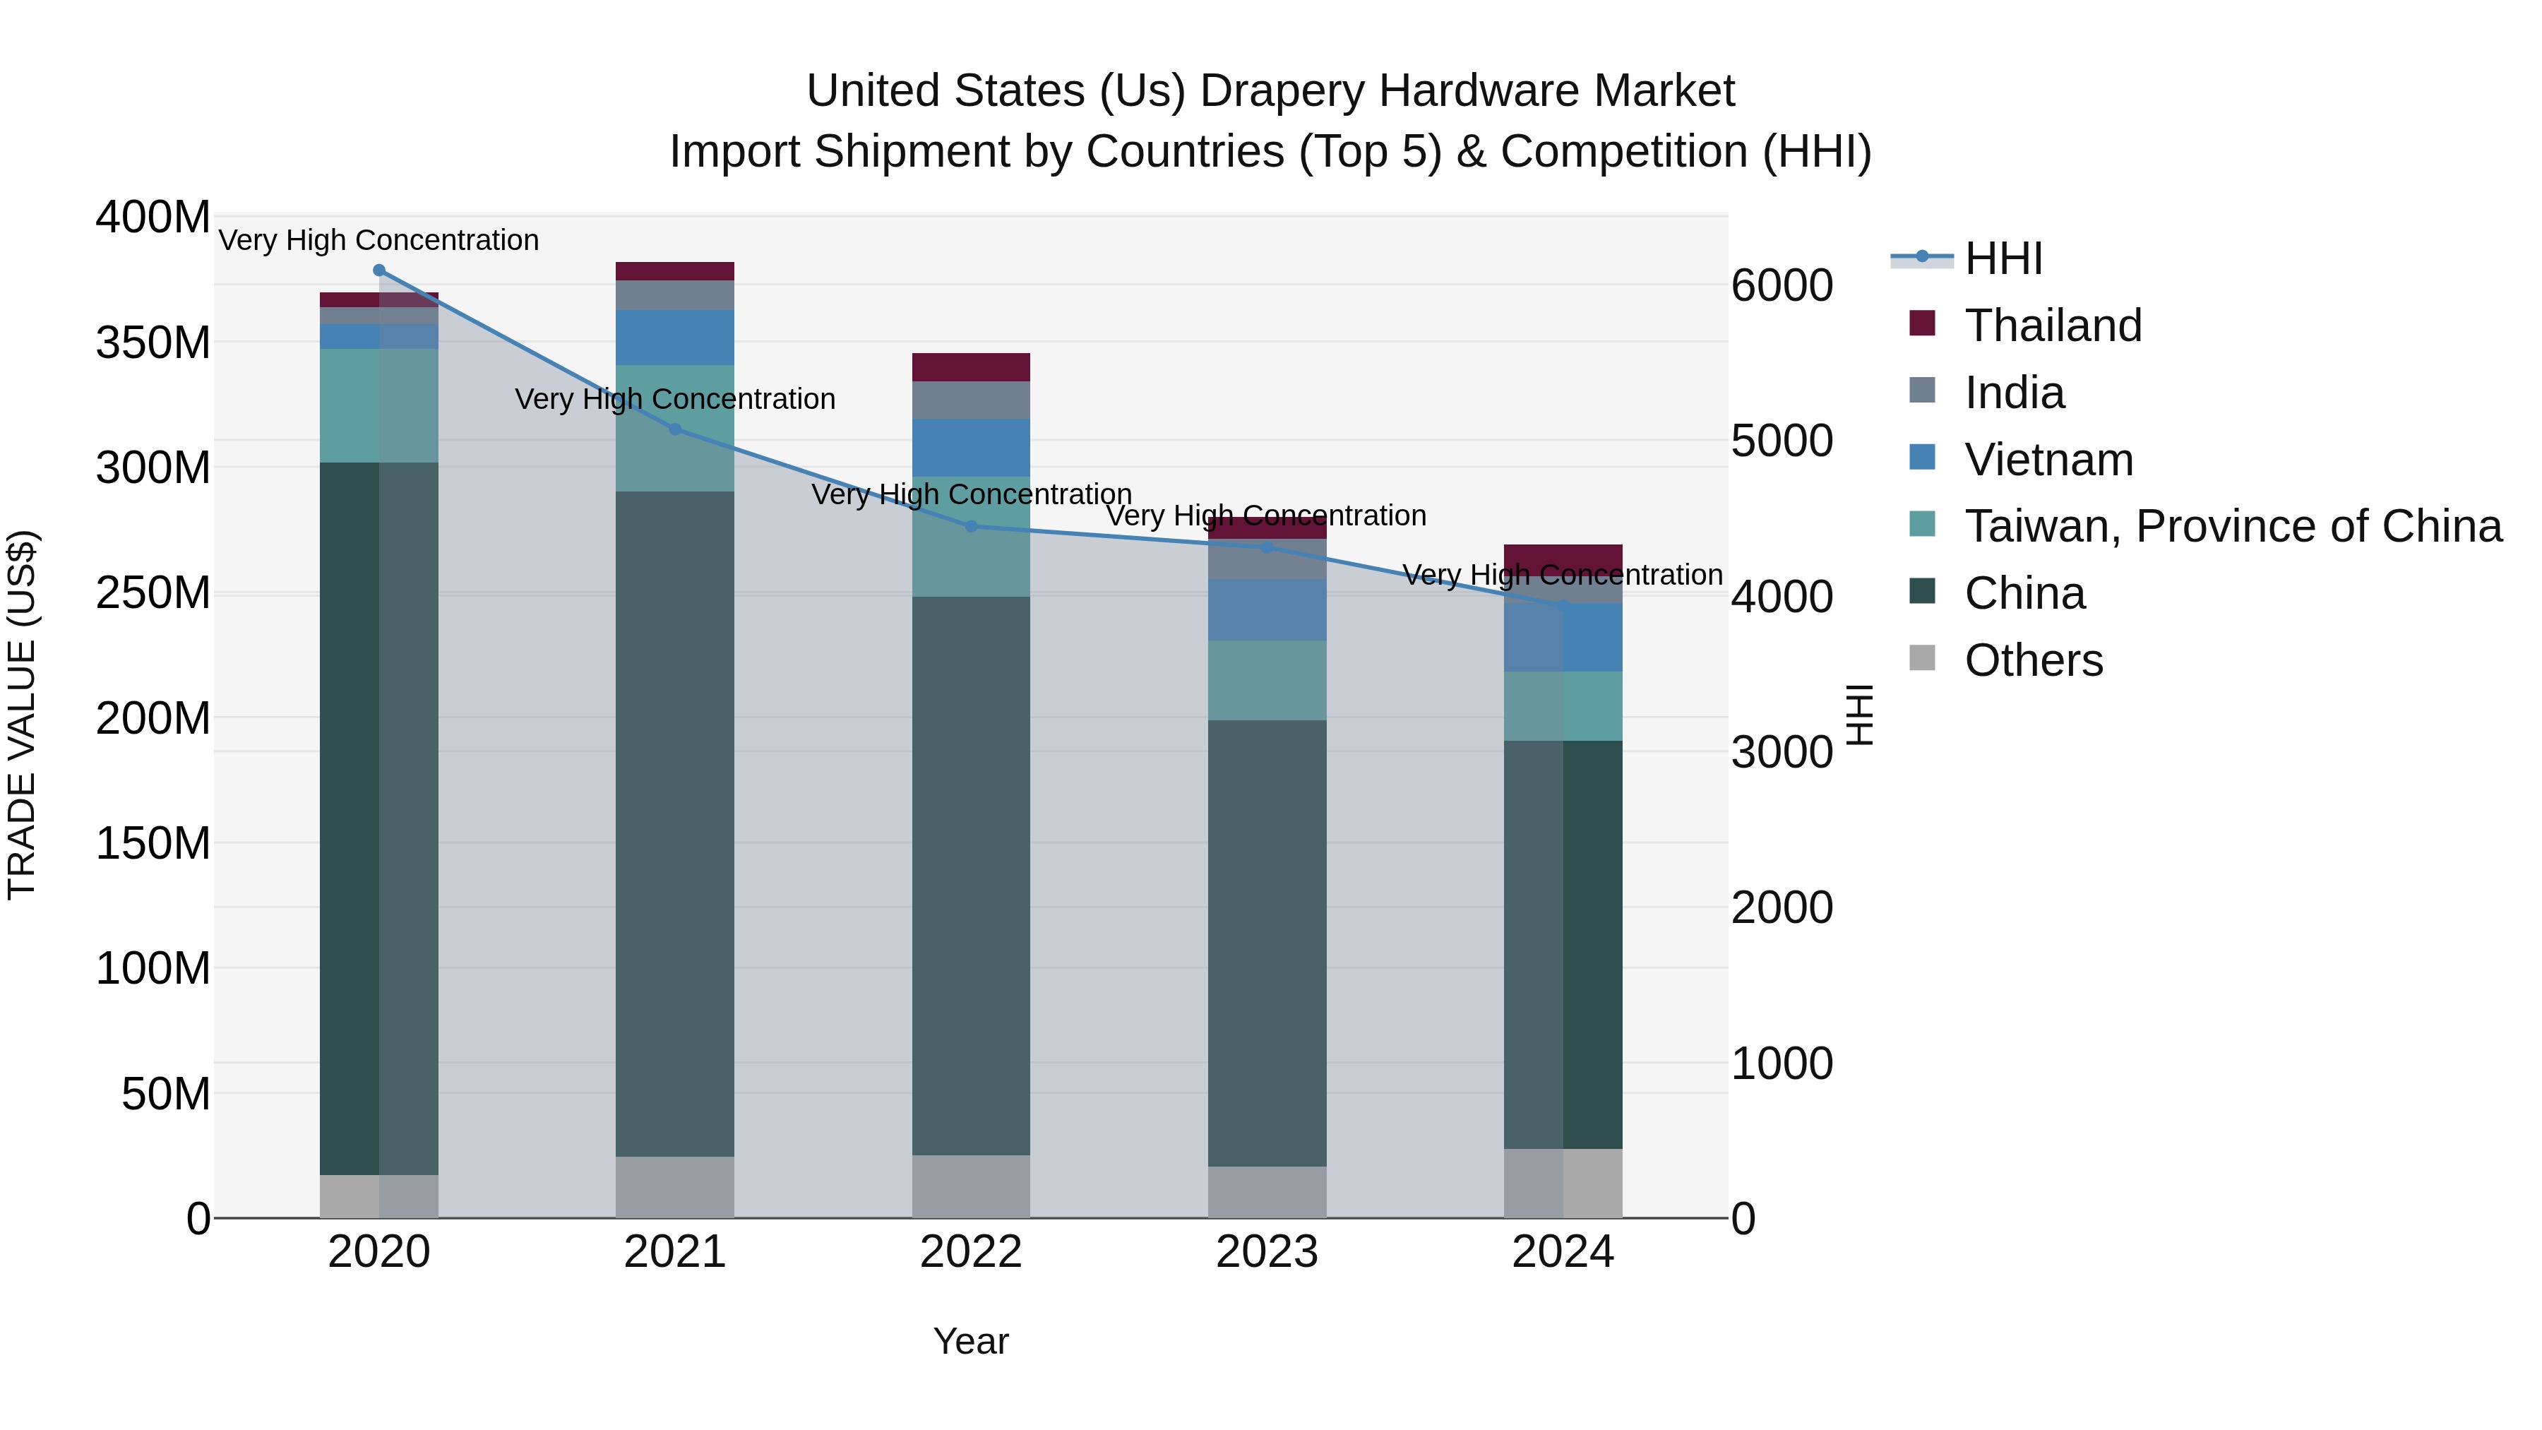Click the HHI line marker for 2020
(x=379, y=270)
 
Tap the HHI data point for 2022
(x=971, y=527)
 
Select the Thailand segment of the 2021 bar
(x=675, y=271)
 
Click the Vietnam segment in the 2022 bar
(x=971, y=447)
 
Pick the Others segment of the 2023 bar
(x=1267, y=1192)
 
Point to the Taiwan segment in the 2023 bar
(x=1267, y=680)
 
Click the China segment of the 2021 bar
(x=675, y=824)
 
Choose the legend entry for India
(x=2013, y=393)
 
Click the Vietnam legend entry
(x=2048, y=460)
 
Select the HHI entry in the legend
(x=2003, y=258)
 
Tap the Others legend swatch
(x=1922, y=658)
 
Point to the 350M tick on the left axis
(x=153, y=343)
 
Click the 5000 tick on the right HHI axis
(x=1782, y=441)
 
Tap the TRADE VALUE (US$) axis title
(x=22, y=715)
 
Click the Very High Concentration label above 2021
(x=675, y=400)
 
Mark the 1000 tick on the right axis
(x=1782, y=1064)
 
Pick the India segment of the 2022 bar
(x=971, y=400)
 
